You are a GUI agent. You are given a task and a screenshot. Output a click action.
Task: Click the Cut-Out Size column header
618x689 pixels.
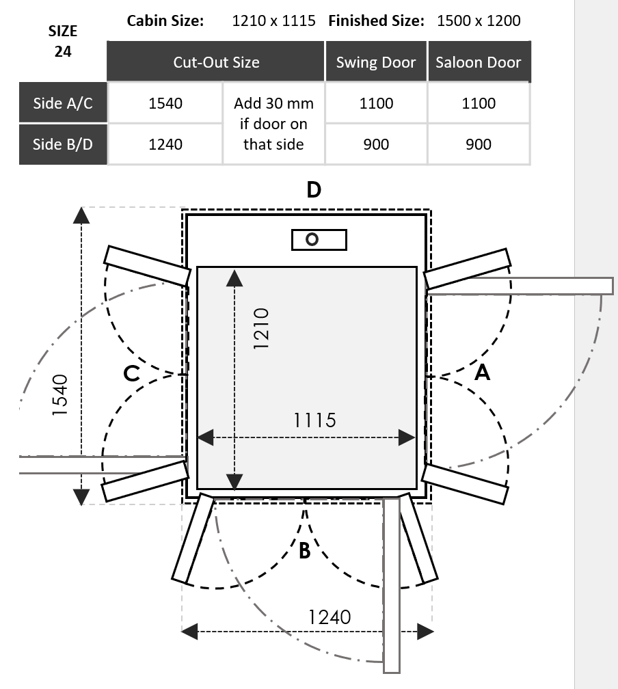(216, 62)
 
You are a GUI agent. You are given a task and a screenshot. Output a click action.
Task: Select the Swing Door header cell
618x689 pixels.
(376, 62)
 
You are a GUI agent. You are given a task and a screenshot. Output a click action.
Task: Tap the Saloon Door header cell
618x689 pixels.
(479, 62)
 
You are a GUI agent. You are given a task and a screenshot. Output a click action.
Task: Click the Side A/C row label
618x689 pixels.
(63, 103)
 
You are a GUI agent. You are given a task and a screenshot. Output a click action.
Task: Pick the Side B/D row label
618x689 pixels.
(63, 144)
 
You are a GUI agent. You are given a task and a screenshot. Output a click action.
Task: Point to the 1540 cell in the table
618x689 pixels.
(165, 103)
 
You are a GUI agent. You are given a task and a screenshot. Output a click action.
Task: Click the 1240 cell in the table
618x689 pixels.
(165, 144)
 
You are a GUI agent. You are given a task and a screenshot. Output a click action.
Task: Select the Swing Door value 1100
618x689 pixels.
(376, 103)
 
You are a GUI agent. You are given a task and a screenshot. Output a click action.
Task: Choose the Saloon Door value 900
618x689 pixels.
(479, 144)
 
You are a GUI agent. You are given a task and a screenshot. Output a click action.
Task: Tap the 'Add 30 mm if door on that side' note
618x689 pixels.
(273, 124)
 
